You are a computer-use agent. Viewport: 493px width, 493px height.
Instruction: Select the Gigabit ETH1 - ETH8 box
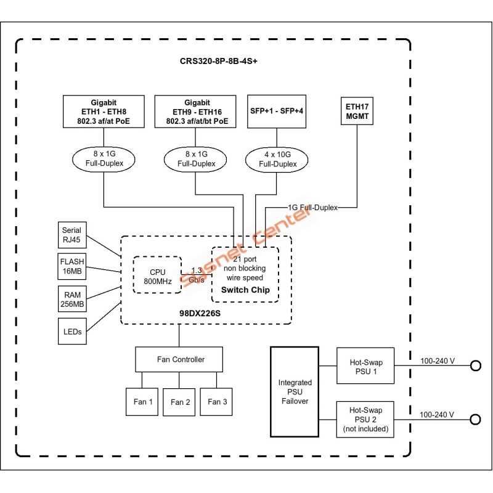point(104,112)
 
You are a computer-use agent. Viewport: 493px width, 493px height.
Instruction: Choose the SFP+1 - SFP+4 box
point(277,112)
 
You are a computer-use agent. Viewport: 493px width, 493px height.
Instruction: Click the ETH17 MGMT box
point(358,110)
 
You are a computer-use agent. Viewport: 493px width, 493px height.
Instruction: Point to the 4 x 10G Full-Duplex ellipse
point(277,160)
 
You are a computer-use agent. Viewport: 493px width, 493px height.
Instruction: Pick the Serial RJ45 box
point(71,235)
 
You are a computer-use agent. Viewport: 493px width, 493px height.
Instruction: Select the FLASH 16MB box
point(71,265)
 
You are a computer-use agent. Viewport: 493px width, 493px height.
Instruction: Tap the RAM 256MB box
point(71,298)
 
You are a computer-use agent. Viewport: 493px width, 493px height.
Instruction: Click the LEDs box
point(71,332)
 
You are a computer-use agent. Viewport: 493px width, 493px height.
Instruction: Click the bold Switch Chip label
point(245,290)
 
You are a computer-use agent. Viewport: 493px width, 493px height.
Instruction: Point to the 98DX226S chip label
point(205,312)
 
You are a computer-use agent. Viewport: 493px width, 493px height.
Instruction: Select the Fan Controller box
point(179,359)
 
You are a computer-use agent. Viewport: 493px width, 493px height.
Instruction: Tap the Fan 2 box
point(181,402)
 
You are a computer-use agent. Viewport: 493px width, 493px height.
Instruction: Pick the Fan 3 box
point(218,402)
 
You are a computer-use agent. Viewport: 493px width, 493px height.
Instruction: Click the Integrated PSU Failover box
point(295,391)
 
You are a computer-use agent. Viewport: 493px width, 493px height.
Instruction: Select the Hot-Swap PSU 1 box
point(365,365)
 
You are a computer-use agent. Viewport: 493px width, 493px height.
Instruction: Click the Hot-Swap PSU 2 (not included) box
point(365,419)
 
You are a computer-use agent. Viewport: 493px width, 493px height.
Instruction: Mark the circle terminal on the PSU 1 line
point(475,365)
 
